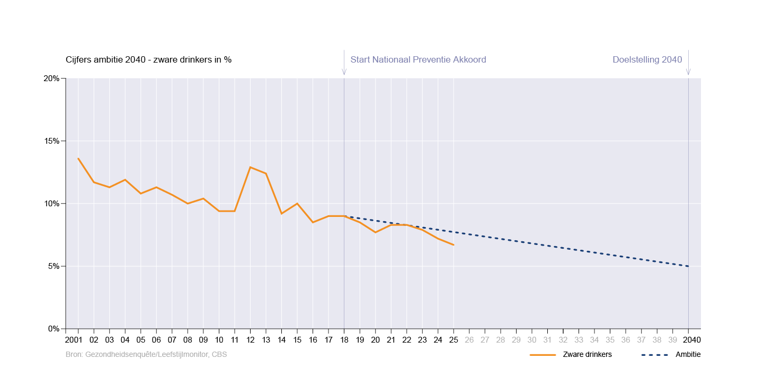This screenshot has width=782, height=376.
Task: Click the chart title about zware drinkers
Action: click(x=148, y=59)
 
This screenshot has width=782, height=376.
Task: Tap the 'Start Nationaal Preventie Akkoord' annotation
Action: click(x=418, y=59)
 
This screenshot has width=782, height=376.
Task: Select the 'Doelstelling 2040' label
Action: click(x=647, y=59)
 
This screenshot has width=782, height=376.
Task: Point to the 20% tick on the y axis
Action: click(x=51, y=78)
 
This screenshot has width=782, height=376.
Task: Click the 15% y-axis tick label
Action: click(x=51, y=141)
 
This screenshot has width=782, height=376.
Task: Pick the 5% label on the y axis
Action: click(x=53, y=266)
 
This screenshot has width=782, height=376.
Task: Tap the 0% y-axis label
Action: click(x=53, y=329)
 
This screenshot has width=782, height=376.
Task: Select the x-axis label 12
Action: click(x=250, y=340)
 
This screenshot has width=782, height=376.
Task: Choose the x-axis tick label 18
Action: click(x=344, y=340)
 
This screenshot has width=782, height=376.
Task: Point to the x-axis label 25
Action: click(x=454, y=340)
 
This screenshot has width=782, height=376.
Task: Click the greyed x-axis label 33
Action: click(x=579, y=340)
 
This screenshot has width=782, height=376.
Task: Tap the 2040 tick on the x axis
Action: click(x=688, y=340)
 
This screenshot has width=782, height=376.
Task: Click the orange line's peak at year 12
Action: click(x=250, y=167)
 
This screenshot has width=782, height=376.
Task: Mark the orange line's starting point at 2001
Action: click(x=78, y=158)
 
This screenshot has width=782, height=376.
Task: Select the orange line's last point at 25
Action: click(x=454, y=244)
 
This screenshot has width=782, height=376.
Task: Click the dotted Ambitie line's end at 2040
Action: click(x=688, y=266)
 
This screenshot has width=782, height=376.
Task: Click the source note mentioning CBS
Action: click(x=146, y=354)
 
